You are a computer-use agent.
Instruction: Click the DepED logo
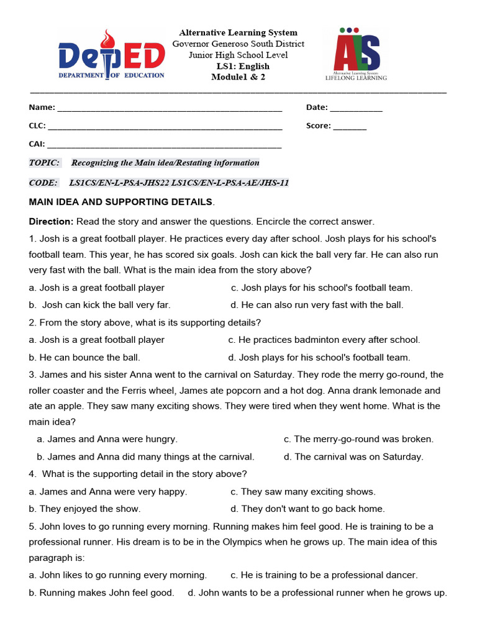pos(112,55)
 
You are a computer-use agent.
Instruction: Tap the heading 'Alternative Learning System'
pos(238,32)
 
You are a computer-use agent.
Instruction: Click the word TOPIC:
pos(44,163)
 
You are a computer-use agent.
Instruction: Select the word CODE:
pos(43,183)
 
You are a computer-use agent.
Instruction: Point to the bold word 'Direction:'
pos(51,222)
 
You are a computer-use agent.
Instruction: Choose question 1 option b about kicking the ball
pos(100,305)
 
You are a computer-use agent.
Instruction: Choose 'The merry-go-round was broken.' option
pos(358,439)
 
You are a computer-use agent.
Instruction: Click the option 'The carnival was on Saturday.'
pos(353,457)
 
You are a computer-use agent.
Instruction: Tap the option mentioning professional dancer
pos(324,575)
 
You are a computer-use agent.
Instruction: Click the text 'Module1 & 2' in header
pos(238,76)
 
